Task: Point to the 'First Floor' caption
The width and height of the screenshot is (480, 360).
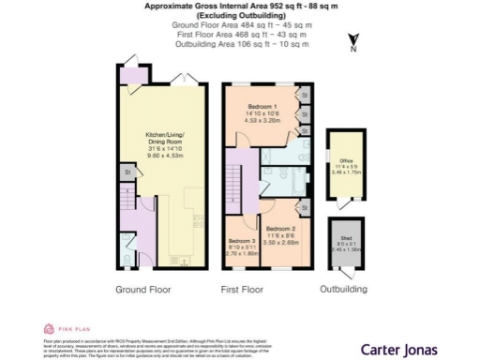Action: coord(244,290)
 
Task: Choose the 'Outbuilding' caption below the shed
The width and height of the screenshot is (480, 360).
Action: coord(343,290)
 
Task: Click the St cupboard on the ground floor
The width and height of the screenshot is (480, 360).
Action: coord(126,172)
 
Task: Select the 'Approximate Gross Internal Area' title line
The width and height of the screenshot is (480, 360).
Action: coord(239,6)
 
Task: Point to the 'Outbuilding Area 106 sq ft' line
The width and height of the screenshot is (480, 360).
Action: coord(239,44)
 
